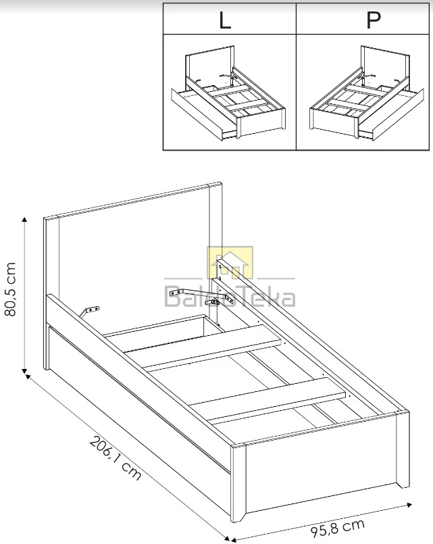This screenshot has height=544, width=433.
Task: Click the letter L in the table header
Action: (225, 20)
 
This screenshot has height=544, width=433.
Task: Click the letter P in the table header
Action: (373, 20)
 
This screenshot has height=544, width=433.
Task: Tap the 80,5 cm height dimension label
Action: (10, 289)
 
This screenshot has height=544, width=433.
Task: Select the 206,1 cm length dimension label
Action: (116, 458)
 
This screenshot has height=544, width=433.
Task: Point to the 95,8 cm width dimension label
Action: (337, 526)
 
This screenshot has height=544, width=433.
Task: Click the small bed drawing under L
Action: (228, 93)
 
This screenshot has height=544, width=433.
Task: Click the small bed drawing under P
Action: (366, 93)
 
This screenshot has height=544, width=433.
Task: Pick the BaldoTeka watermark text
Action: (230, 297)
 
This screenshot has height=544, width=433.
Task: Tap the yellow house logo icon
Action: (230, 262)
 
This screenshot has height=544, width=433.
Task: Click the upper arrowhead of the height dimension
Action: (24, 220)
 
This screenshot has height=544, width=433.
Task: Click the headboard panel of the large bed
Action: (134, 257)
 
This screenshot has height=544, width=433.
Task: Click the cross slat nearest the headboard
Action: (211, 346)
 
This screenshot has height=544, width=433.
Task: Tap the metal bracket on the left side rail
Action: (89, 312)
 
